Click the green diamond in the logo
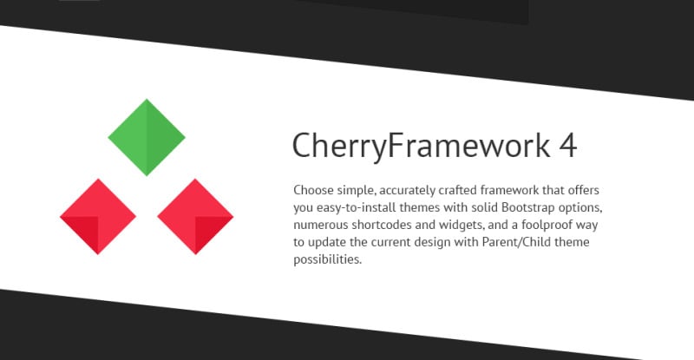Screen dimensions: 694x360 click(147, 137)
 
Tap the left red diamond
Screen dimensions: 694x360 click(98, 217)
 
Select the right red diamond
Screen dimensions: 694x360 click(195, 217)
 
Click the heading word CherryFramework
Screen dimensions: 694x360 click(421, 146)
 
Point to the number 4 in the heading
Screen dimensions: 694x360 click(568, 146)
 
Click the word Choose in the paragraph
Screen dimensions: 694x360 click(313, 190)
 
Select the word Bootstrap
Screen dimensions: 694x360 click(528, 207)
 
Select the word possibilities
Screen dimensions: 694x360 click(328, 259)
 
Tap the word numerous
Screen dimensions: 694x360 click(321, 225)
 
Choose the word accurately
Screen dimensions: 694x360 click(408, 191)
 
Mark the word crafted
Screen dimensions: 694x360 click(458, 190)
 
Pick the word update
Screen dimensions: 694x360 click(327, 243)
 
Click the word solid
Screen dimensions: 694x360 click(485, 207)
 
